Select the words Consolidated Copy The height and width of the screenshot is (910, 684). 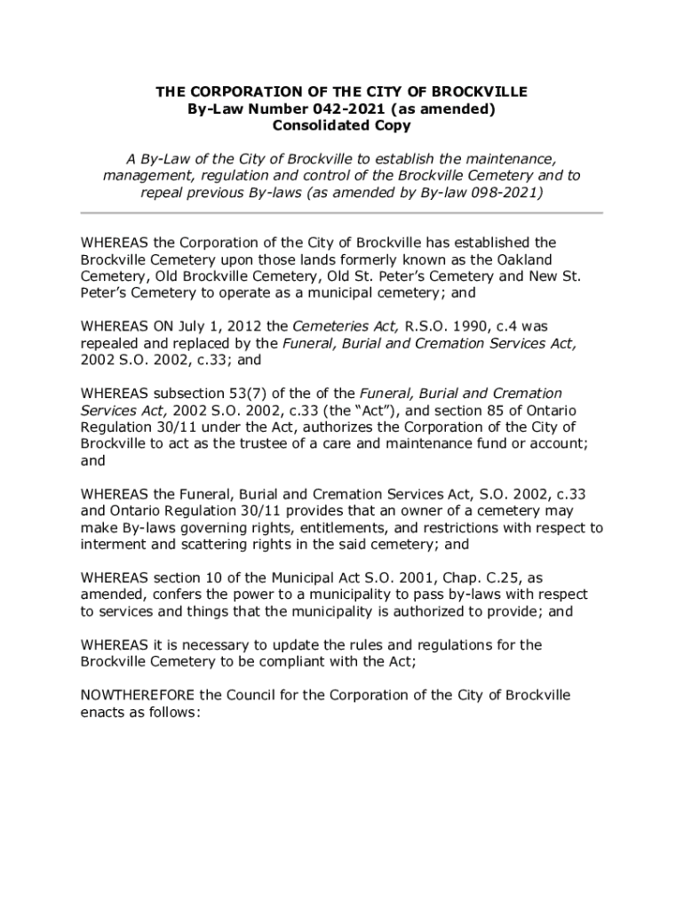[x=341, y=125]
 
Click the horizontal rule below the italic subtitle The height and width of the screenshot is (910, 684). [x=341, y=213]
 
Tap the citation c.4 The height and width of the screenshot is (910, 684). [x=486, y=326]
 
